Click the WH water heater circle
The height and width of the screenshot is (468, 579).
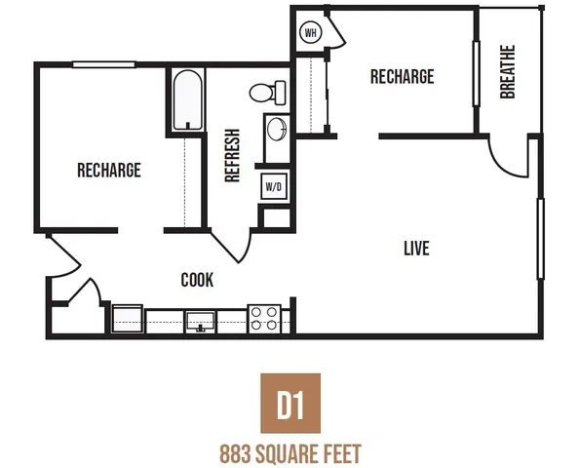point(311,32)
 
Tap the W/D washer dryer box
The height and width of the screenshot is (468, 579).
point(274,186)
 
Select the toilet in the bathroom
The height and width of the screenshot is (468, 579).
point(267,93)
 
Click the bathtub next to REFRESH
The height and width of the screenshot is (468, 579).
point(187,100)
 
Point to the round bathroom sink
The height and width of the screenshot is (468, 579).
point(277,129)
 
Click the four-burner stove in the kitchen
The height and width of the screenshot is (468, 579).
point(264,319)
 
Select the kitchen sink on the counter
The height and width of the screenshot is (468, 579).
point(200,322)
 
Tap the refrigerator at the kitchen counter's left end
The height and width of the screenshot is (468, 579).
point(128,319)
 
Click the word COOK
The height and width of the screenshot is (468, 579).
point(197,280)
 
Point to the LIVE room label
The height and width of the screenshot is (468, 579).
point(416,249)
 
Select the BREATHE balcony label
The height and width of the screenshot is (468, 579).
point(508,72)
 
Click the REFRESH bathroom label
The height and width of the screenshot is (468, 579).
point(232,155)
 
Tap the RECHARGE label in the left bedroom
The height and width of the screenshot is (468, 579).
point(109,170)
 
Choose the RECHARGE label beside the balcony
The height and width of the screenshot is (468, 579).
point(403,77)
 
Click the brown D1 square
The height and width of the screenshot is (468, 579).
point(290,403)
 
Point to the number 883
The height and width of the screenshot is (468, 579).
point(235,454)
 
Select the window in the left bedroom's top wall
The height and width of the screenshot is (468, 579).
point(103,64)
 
